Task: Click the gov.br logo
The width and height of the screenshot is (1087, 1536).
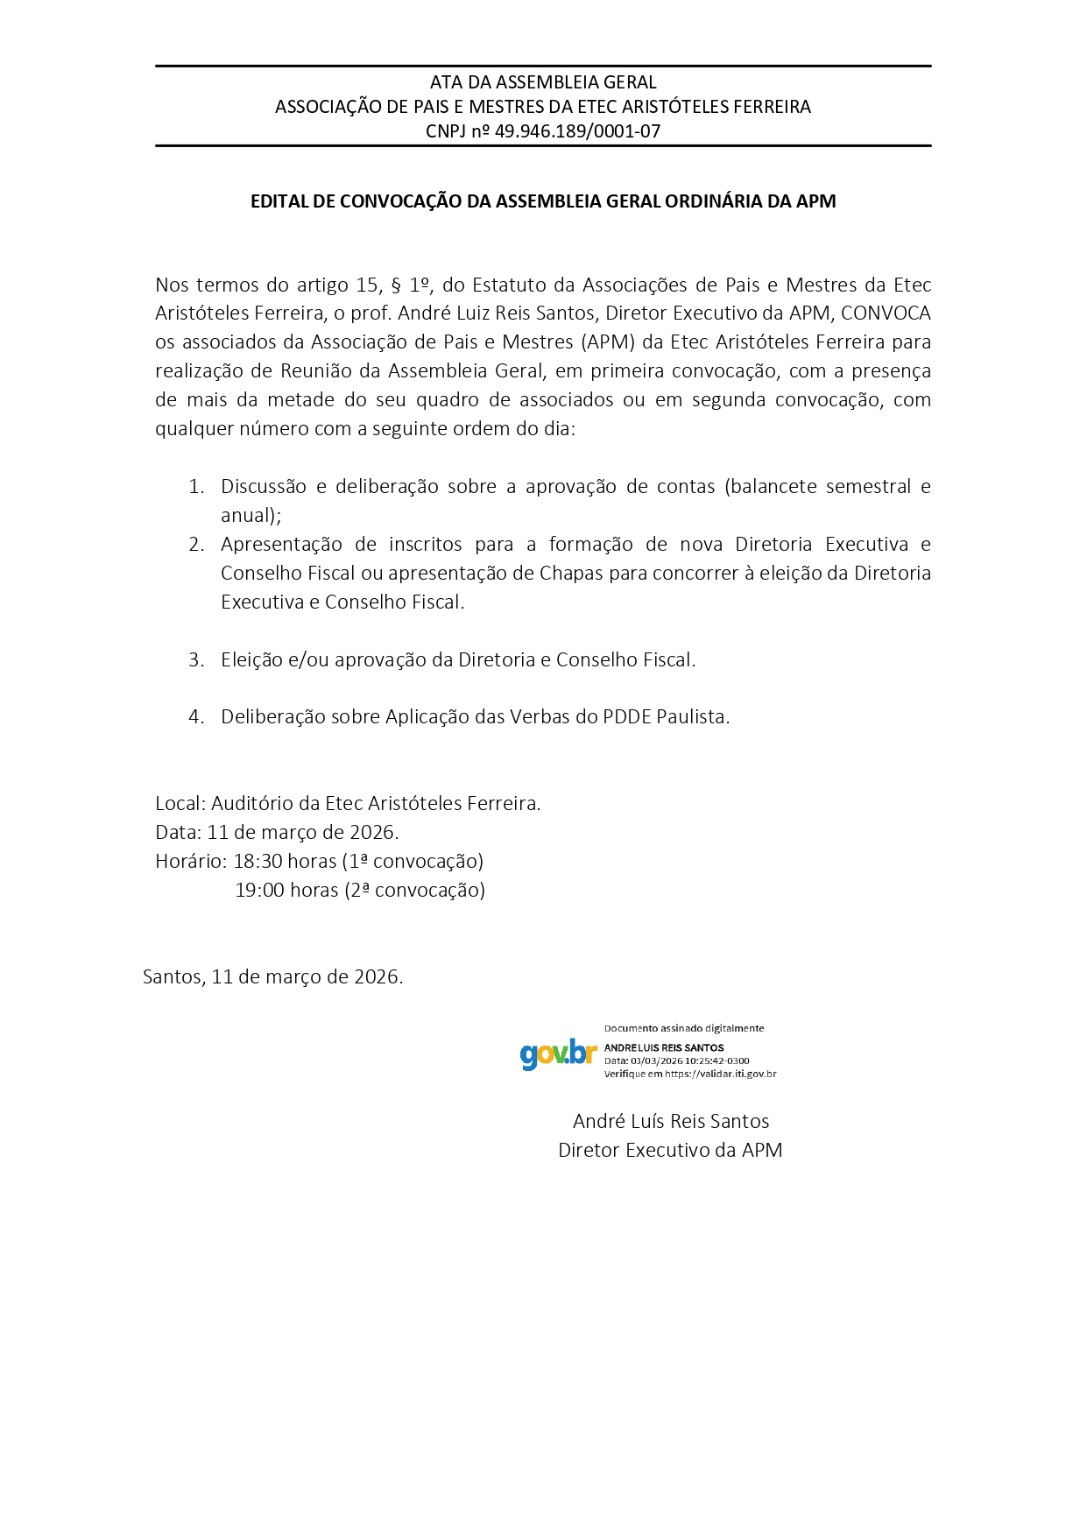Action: click(558, 1053)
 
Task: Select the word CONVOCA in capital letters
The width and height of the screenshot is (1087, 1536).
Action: click(886, 313)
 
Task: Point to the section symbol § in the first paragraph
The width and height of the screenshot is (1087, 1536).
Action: click(395, 285)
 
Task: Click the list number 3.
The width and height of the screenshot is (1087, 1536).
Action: click(196, 659)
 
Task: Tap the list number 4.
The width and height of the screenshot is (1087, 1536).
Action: click(196, 716)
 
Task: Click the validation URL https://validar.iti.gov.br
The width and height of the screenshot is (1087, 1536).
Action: click(720, 1074)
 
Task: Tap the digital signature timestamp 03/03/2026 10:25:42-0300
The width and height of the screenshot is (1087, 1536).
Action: click(689, 1060)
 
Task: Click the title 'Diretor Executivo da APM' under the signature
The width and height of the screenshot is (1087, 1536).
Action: click(670, 1150)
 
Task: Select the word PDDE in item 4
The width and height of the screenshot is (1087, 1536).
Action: click(626, 716)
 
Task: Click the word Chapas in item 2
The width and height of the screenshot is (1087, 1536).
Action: click(571, 573)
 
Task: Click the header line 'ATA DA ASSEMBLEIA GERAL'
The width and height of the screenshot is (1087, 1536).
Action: click(543, 82)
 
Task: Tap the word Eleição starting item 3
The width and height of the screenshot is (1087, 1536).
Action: click(251, 659)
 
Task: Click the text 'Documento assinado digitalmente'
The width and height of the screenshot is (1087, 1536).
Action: click(684, 1028)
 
